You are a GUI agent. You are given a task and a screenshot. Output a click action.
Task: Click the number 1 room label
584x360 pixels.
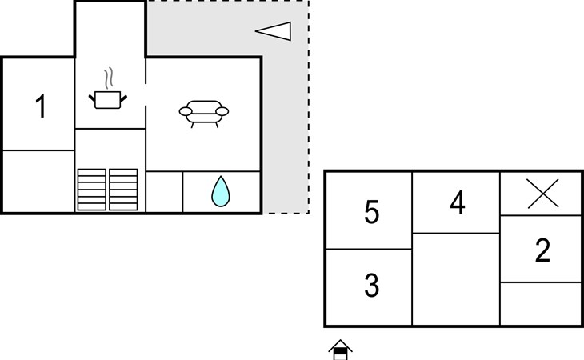(41, 106)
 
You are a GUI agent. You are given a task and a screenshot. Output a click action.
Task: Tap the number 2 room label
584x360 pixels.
(542, 250)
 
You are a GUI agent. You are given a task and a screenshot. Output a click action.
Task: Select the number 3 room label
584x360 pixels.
(371, 285)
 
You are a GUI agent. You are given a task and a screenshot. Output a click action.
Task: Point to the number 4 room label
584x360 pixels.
(458, 202)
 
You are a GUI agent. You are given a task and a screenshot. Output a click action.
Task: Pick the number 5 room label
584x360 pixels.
(371, 212)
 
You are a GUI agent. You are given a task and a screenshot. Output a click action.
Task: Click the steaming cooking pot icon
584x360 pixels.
(108, 89)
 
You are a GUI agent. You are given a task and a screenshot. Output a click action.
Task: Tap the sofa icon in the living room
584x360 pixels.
(204, 114)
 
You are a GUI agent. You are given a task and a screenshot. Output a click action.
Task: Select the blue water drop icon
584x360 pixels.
(221, 191)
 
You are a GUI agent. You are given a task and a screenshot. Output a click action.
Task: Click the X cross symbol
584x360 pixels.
(542, 194)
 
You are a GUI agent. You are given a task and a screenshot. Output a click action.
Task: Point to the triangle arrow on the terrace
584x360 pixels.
(274, 31)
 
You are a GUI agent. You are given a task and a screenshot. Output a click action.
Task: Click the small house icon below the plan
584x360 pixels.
(340, 350)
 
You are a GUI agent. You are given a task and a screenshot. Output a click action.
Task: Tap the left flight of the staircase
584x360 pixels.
(92, 190)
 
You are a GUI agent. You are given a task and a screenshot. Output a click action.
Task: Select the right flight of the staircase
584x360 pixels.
(123, 190)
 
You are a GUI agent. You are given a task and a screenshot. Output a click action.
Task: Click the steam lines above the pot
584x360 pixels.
(108, 78)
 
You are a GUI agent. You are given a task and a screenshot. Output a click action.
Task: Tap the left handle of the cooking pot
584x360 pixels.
(92, 98)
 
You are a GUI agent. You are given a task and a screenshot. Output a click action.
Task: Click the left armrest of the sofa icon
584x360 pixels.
(186, 111)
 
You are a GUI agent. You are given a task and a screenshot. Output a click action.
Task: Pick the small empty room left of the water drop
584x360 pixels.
(164, 191)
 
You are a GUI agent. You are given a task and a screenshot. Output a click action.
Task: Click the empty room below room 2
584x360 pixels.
(540, 303)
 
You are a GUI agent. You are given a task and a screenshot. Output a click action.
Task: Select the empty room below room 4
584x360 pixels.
(456, 279)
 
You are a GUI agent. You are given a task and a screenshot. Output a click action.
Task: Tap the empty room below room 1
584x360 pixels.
(38, 181)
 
